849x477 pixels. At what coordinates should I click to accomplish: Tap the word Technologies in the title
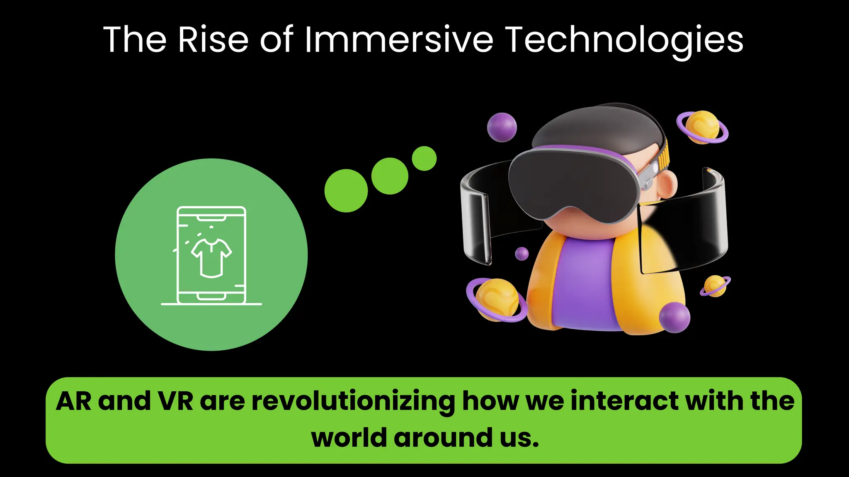tap(625, 40)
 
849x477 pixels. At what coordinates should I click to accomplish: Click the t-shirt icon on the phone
tap(211, 258)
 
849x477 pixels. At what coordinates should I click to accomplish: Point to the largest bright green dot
tap(346, 190)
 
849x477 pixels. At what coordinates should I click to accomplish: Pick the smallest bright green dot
tap(424, 158)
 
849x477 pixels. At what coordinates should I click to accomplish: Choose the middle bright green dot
tap(390, 176)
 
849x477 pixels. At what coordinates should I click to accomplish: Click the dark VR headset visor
tap(572, 182)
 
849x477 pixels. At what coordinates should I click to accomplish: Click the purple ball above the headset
tap(502, 127)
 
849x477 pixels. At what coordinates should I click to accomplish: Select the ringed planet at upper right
tap(702, 127)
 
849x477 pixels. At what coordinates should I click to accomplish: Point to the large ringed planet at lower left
tap(497, 299)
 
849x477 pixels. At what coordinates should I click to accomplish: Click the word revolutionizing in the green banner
tap(353, 402)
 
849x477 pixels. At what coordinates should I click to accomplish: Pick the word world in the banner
tap(349, 438)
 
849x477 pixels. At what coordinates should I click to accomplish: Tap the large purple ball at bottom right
tap(674, 317)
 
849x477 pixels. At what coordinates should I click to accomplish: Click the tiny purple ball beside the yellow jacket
tap(522, 253)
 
